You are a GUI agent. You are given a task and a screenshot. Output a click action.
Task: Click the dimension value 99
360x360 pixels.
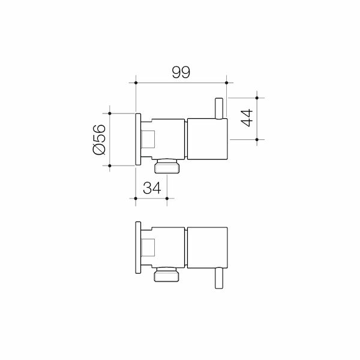(181, 72)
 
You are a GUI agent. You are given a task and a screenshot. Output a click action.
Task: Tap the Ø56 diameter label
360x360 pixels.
(99, 139)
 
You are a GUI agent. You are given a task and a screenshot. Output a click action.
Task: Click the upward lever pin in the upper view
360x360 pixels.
(220, 107)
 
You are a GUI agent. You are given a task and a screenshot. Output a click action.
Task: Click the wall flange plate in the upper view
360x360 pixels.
(138, 139)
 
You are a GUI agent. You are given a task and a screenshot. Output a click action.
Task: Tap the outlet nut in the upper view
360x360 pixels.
(167, 166)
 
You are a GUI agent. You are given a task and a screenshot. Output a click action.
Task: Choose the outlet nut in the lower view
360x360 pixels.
(167, 275)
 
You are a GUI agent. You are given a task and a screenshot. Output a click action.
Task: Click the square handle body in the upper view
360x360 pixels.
(208, 139)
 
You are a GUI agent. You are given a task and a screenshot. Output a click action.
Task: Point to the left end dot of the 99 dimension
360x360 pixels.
(137, 82)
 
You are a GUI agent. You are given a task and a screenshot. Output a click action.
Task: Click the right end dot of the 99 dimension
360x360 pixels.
(226, 82)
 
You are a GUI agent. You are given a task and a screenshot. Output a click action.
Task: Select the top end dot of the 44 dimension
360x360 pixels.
(257, 96)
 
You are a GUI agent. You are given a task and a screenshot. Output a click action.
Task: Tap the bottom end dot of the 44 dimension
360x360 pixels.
(257, 139)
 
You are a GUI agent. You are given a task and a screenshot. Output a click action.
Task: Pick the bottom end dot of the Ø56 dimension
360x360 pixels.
(110, 166)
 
